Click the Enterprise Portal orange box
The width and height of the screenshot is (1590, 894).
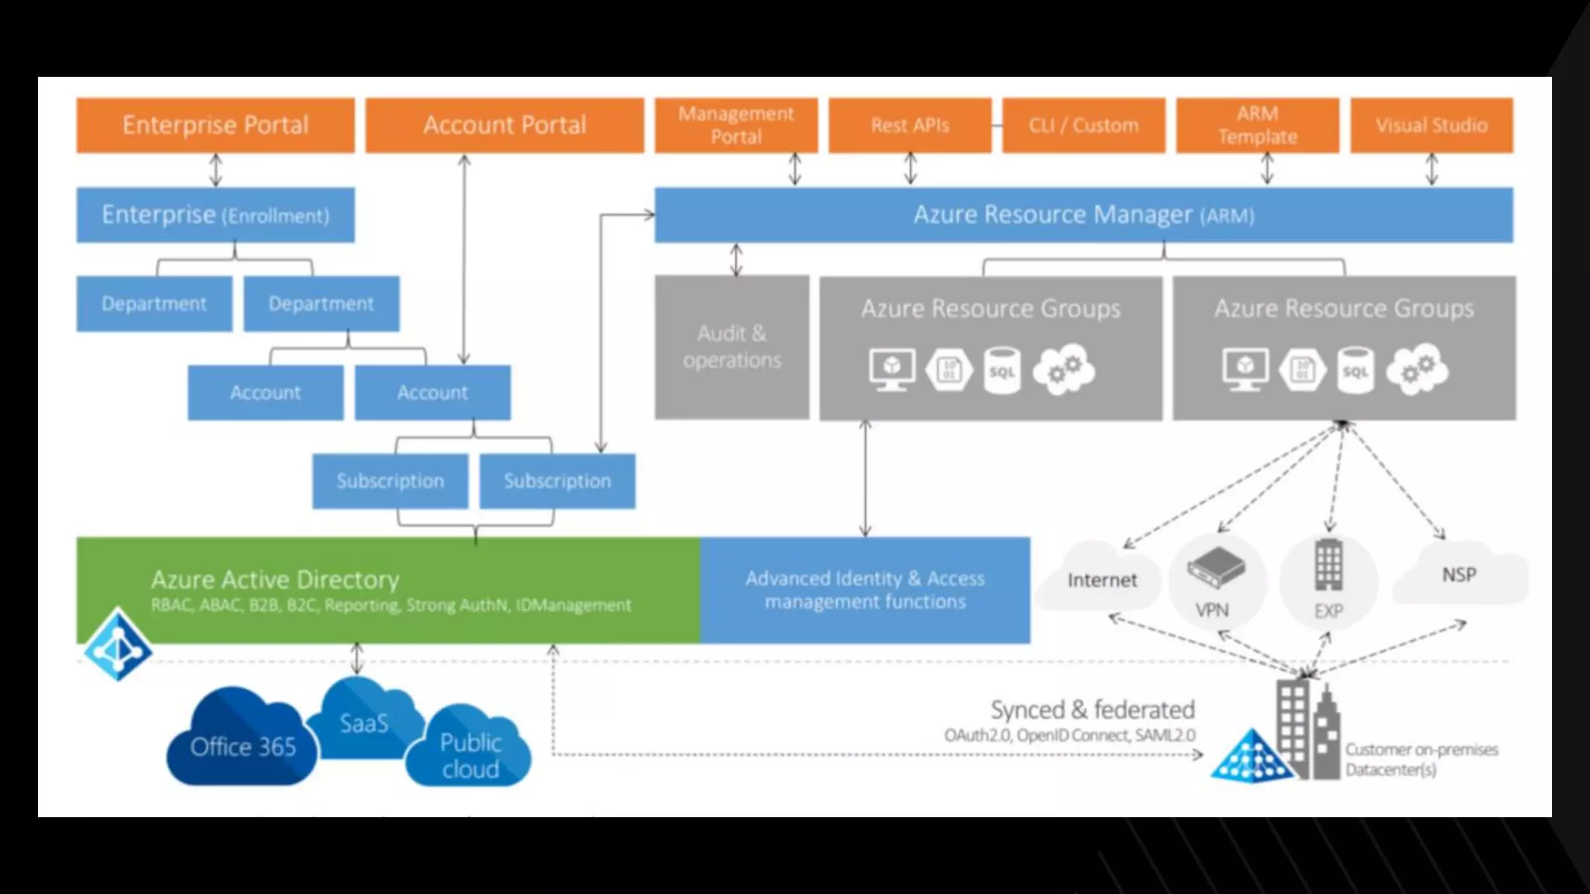tap(215, 125)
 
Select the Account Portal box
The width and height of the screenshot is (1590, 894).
tap(505, 125)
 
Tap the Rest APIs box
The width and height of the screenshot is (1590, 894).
tap(910, 125)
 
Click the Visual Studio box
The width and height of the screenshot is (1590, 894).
tap(1432, 125)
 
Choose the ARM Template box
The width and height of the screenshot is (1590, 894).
tap(1257, 125)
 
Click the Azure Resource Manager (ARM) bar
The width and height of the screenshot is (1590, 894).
tap(1083, 215)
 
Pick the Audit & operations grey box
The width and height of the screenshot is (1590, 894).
tap(731, 347)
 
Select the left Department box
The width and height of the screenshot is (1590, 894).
tap(154, 303)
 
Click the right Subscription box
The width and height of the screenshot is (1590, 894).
tap(557, 481)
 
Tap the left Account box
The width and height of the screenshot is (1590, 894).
tap(265, 393)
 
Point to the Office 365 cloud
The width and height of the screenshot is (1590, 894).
tap(241, 741)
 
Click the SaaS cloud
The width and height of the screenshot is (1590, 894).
tap(363, 719)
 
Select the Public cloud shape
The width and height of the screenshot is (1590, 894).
tap(470, 753)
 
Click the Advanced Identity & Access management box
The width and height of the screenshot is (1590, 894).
tap(865, 590)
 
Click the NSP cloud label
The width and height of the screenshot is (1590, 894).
tap(1459, 575)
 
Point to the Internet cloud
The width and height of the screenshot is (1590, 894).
tap(1101, 579)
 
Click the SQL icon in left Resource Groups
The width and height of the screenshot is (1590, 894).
tap(1002, 371)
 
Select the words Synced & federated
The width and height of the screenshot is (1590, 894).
tap(1092, 709)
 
